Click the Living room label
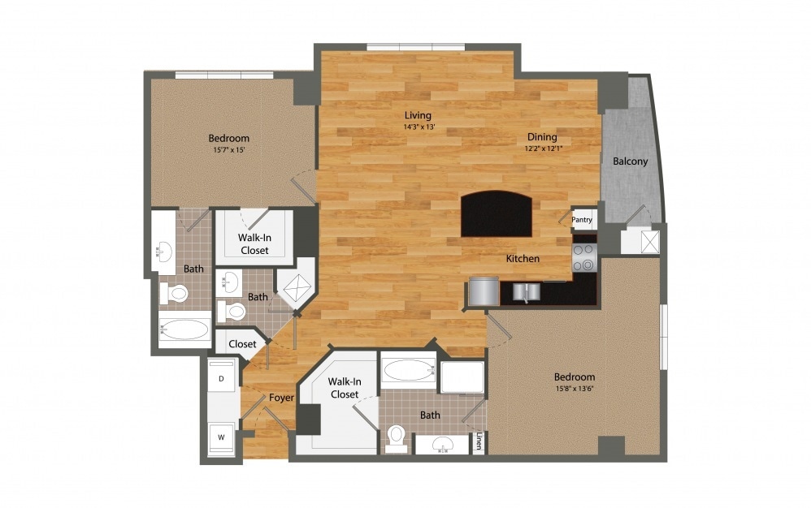click(x=419, y=115)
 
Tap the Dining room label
click(x=541, y=137)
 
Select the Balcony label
click(x=630, y=161)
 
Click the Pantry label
click(x=582, y=219)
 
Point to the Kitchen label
click(x=523, y=259)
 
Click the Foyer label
click(x=280, y=398)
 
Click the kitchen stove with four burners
click(x=584, y=257)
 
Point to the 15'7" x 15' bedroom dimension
click(x=228, y=150)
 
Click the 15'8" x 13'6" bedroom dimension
click(x=574, y=389)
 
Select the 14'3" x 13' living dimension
click(x=419, y=127)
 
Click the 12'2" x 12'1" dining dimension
click(x=541, y=149)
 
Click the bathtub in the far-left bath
click(x=184, y=329)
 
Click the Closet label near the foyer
click(x=242, y=344)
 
